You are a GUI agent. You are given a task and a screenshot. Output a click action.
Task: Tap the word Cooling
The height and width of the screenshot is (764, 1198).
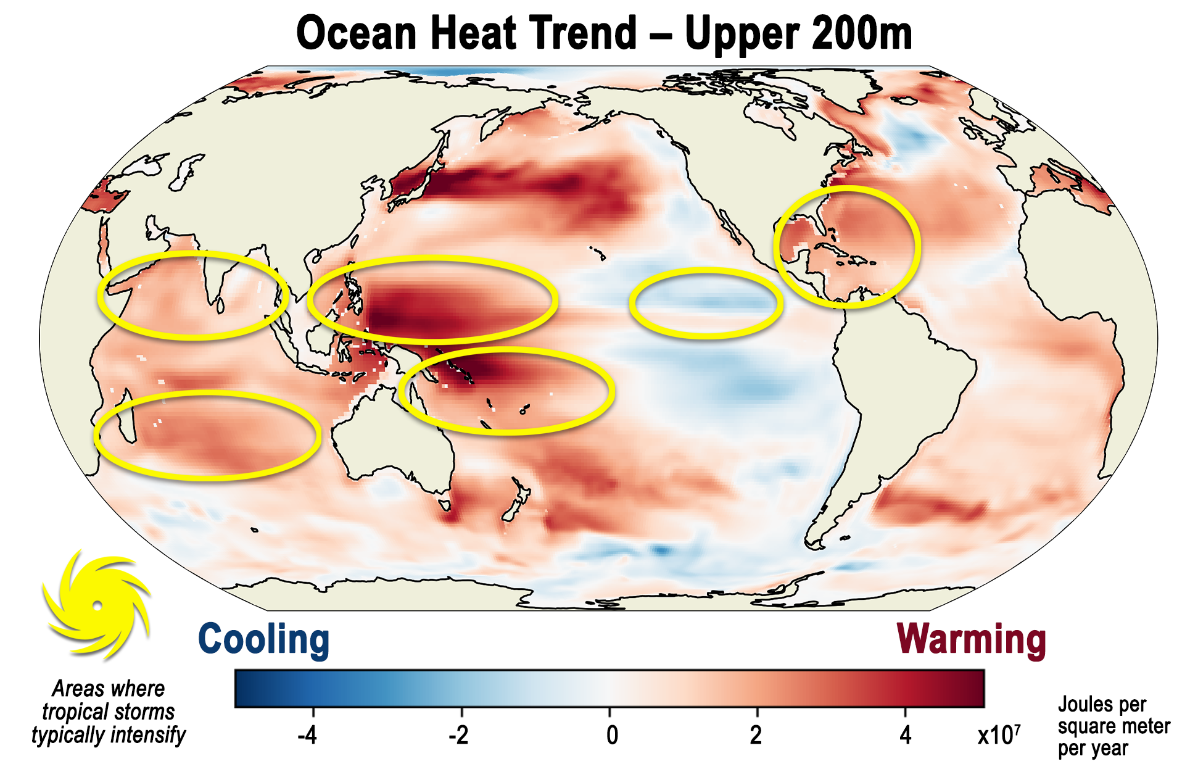[x=263, y=639]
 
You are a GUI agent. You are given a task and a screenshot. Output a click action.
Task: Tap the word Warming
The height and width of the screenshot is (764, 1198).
[x=971, y=639]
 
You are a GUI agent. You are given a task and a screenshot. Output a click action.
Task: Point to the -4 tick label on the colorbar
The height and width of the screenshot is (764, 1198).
[x=307, y=735]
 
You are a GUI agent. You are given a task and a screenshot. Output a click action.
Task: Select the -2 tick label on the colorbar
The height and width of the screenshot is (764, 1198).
[x=458, y=735]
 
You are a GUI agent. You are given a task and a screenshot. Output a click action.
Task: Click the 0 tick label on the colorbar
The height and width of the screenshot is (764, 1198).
[x=611, y=735]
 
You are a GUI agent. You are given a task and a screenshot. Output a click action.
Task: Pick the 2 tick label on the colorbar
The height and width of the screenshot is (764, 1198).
[x=756, y=735]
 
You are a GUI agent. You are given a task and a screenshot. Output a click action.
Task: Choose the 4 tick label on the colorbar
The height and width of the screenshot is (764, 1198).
[x=905, y=735]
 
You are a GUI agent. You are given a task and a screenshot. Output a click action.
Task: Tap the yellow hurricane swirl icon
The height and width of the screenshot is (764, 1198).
[x=97, y=605]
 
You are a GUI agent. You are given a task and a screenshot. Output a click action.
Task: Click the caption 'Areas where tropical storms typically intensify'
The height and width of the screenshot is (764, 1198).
[x=109, y=712]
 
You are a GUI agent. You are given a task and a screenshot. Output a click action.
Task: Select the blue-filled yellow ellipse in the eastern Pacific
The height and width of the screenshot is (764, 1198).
[x=706, y=303]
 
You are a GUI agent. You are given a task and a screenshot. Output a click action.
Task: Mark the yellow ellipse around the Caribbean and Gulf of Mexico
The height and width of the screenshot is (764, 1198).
[x=847, y=246]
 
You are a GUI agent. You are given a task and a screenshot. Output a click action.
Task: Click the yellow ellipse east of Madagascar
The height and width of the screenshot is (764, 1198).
[x=207, y=435]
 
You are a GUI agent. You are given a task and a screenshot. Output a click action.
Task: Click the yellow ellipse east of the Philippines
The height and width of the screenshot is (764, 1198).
[x=432, y=299]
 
